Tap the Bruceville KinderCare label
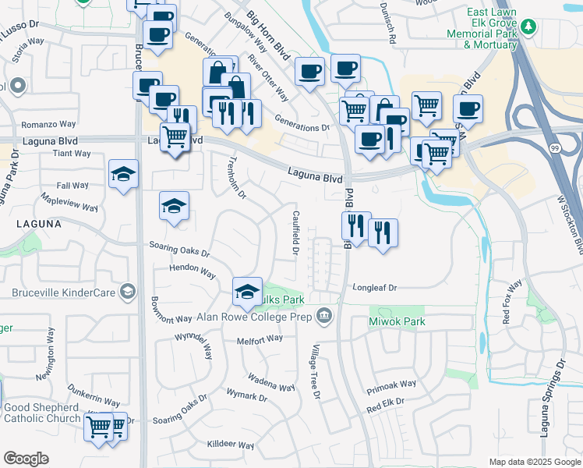click(x=63, y=292)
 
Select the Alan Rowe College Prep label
click(x=254, y=317)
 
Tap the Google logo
click(x=26, y=458)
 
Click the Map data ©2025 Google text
click(x=534, y=462)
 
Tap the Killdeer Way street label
click(x=230, y=445)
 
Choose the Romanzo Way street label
click(x=48, y=124)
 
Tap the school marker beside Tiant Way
click(x=124, y=175)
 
